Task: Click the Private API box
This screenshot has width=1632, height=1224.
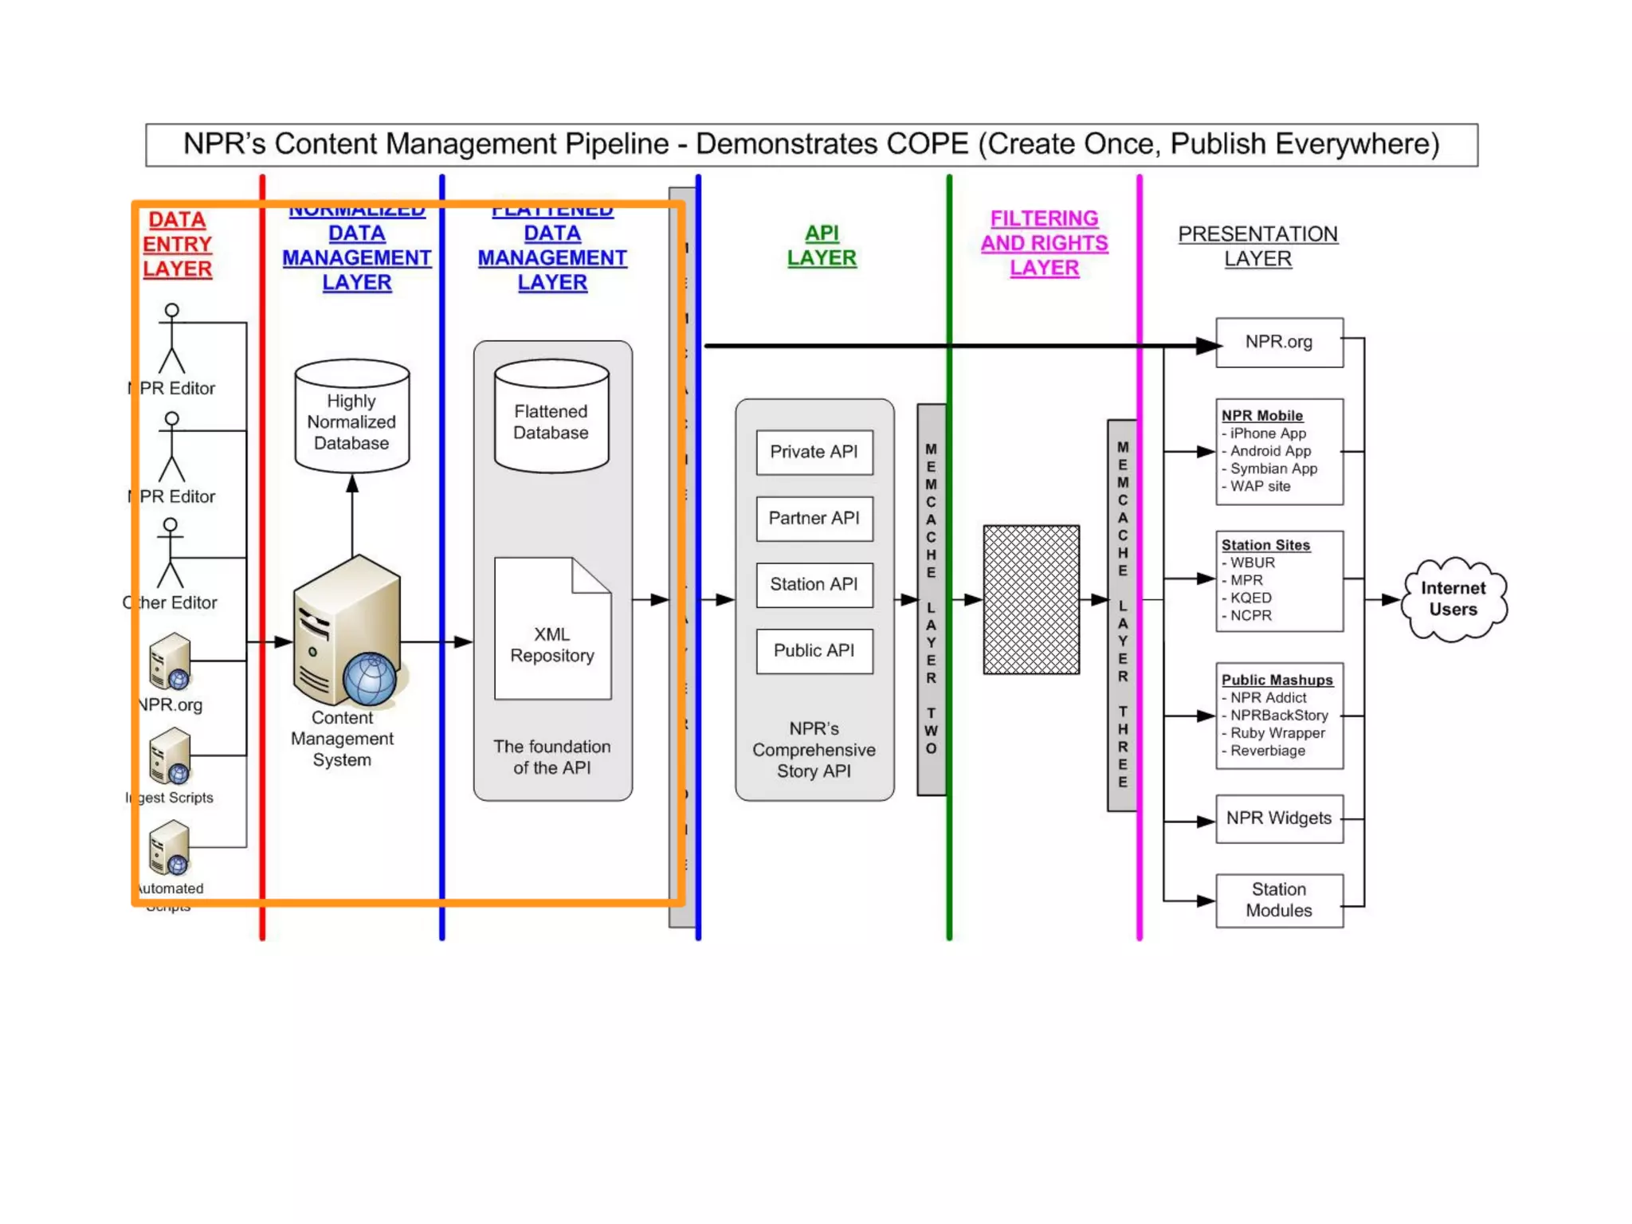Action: pyautogui.click(x=814, y=452)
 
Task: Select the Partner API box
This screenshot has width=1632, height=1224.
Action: pyautogui.click(x=814, y=518)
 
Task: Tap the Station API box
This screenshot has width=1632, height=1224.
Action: pyautogui.click(x=814, y=584)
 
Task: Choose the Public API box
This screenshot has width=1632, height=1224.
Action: pyautogui.click(x=814, y=650)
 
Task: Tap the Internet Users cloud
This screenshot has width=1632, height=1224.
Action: pyautogui.click(x=1453, y=598)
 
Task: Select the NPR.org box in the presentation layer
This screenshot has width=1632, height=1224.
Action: pyautogui.click(x=1278, y=342)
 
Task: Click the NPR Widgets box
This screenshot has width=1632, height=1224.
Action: pyautogui.click(x=1278, y=818)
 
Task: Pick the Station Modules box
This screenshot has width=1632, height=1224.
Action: pyautogui.click(x=1278, y=900)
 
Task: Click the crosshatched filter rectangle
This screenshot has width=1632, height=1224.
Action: pyautogui.click(x=1030, y=599)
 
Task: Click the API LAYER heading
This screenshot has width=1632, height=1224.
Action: pyautogui.click(x=822, y=245)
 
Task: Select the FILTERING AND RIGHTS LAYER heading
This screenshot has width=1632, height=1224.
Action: pyautogui.click(x=1044, y=243)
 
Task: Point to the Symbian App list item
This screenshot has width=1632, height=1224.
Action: pyautogui.click(x=1273, y=469)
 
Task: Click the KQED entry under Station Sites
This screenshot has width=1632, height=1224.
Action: pyautogui.click(x=1250, y=598)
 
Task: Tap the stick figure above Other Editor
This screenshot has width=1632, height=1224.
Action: pyautogui.click(x=170, y=552)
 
